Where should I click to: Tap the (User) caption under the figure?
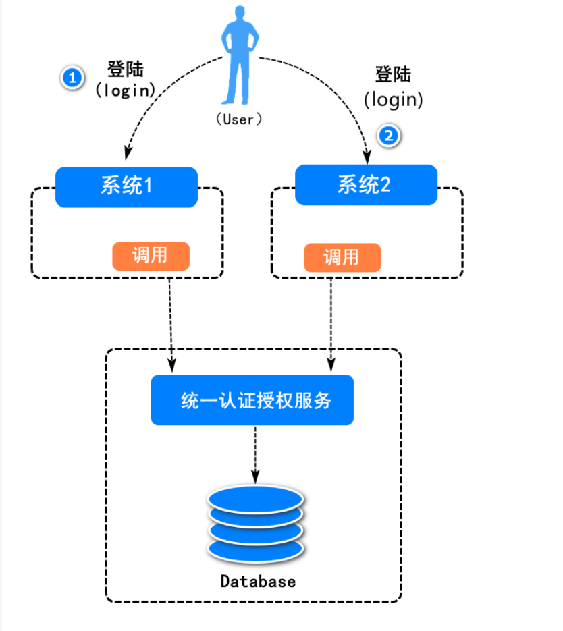238,119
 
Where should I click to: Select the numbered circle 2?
389,136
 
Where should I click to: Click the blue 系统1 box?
126,186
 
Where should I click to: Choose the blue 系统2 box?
366,185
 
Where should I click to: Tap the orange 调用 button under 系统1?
151,256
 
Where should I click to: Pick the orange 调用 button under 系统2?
342,257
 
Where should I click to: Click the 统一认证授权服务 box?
252,400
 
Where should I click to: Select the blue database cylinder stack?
256,524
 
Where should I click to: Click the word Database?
258,581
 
